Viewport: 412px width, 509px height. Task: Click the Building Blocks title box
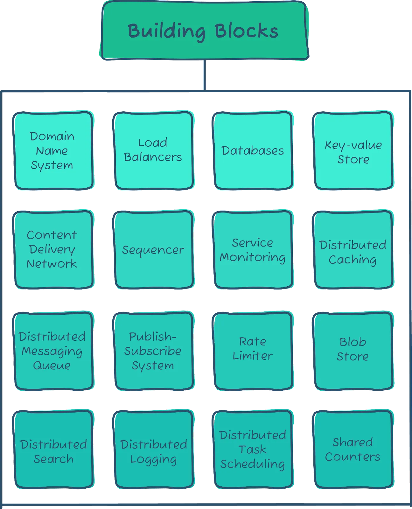coord(204,31)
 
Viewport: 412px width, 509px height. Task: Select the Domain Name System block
coord(53,150)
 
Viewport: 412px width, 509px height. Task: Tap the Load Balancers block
coord(153,150)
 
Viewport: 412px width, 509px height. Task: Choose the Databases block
coord(253,150)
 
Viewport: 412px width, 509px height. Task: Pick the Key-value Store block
coord(353,150)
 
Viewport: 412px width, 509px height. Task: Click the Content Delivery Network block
coord(53,250)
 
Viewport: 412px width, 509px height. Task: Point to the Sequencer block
coord(153,250)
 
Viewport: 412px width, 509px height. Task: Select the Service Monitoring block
coord(253,250)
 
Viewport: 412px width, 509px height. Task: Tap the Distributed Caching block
coord(353,250)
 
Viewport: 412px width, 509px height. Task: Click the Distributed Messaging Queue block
coord(53,351)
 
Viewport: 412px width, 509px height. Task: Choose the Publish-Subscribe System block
coord(153,351)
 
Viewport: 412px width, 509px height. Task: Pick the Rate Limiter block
coord(253,351)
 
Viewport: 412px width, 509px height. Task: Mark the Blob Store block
coord(353,351)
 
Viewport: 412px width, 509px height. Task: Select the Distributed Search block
coord(53,449)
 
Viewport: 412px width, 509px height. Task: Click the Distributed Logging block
coord(153,449)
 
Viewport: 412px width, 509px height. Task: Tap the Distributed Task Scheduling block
coord(253,449)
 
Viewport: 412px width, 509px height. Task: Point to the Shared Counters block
coord(353,449)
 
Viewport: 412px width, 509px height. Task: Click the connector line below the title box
coord(205,75)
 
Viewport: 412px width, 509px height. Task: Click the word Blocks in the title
coord(246,31)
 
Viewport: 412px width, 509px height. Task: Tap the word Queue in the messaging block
coord(52,366)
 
